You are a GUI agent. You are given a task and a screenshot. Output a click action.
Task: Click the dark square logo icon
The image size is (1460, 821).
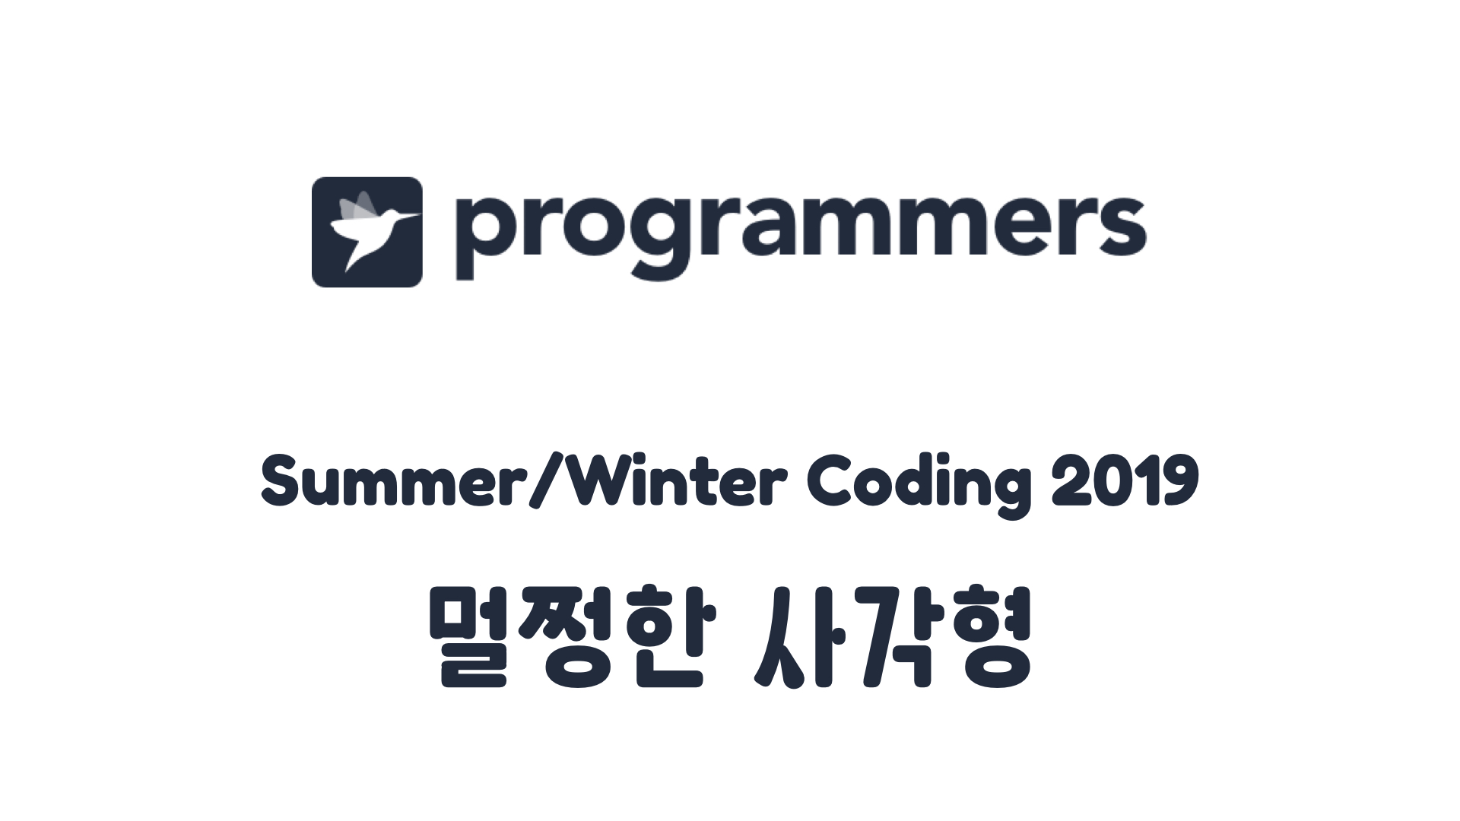(367, 232)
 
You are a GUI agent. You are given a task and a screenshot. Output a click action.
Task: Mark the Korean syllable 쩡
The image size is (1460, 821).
(576, 637)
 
